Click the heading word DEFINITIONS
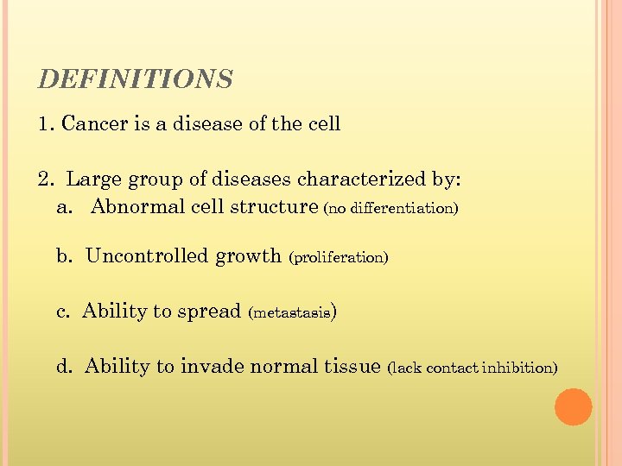pyautogui.click(x=136, y=80)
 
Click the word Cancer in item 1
pyautogui.click(x=95, y=124)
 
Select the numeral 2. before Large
pyautogui.click(x=47, y=179)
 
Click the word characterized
pyautogui.click(x=362, y=179)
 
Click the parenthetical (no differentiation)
pyautogui.click(x=390, y=209)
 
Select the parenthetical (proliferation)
pyautogui.click(x=339, y=258)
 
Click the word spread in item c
pyautogui.click(x=209, y=312)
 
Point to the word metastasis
pyautogui.click(x=291, y=313)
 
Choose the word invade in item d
pyautogui.click(x=212, y=367)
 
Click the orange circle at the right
pyautogui.click(x=573, y=406)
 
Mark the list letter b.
pyautogui.click(x=62, y=256)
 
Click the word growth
pyautogui.click(x=248, y=256)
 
